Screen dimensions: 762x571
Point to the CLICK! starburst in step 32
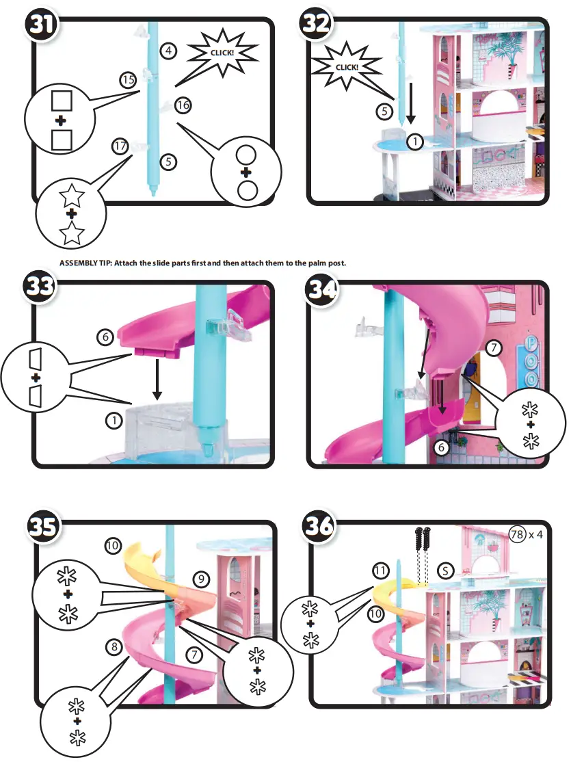point(346,67)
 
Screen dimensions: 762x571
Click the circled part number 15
point(128,80)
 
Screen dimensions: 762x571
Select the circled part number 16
point(182,105)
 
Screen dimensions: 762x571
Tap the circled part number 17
point(121,146)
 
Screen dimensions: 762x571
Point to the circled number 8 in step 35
point(114,646)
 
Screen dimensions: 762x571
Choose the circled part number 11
point(381,570)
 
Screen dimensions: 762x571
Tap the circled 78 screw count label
point(518,534)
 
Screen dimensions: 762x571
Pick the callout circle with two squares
point(61,121)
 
